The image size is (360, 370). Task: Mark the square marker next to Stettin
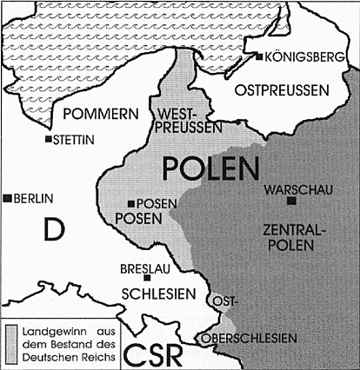tap(49, 139)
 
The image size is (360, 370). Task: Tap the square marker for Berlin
tap(8, 198)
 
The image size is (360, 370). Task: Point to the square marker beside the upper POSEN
tap(130, 203)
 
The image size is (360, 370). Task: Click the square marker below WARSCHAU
tap(291, 201)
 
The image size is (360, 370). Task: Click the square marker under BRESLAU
tap(149, 278)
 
